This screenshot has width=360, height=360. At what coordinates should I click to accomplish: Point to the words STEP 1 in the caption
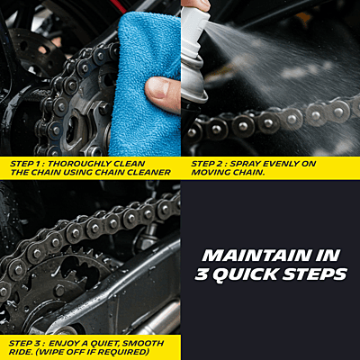pos(26,163)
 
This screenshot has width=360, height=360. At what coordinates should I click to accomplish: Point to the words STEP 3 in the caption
pos(26,343)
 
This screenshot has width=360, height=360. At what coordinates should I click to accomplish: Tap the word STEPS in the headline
pos(310,274)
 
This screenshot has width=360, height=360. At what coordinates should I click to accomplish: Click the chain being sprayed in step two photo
pos(270,120)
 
